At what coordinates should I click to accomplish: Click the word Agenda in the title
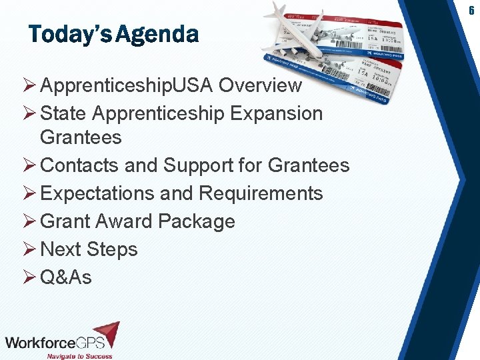tap(157, 34)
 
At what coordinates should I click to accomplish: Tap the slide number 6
tap(471, 10)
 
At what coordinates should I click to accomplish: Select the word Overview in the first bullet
tap(260, 85)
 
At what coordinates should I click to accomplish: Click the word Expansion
tap(276, 113)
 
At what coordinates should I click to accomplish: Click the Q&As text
tap(66, 277)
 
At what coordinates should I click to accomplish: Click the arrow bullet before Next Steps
tap(30, 249)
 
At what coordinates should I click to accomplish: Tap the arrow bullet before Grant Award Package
tap(30, 221)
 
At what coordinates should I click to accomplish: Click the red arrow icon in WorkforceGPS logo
tap(106, 333)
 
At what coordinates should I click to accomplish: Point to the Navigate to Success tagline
tap(79, 355)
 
